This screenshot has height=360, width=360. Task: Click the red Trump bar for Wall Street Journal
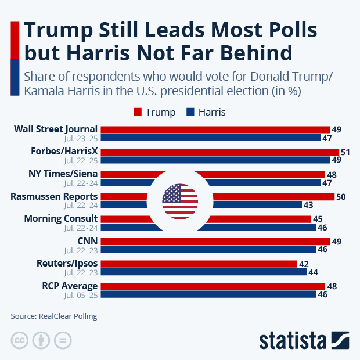click(215, 129)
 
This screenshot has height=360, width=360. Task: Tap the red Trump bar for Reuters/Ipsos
click(199, 264)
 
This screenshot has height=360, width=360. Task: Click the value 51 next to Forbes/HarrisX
click(345, 152)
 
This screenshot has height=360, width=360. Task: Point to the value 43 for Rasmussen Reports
click(308, 205)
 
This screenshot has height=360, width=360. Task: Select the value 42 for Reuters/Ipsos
click(304, 264)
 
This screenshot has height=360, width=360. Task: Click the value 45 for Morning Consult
click(318, 219)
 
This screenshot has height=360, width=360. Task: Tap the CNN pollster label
click(88, 241)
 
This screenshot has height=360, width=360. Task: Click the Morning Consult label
click(60, 218)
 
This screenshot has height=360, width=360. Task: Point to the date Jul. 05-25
click(81, 295)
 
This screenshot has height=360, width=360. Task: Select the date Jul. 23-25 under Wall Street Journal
click(81, 138)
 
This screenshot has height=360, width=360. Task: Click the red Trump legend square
click(138, 112)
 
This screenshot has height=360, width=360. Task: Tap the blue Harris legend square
click(190, 112)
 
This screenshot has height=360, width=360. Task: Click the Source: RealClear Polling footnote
click(53, 316)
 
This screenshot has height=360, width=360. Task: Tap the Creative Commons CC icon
click(20, 340)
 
